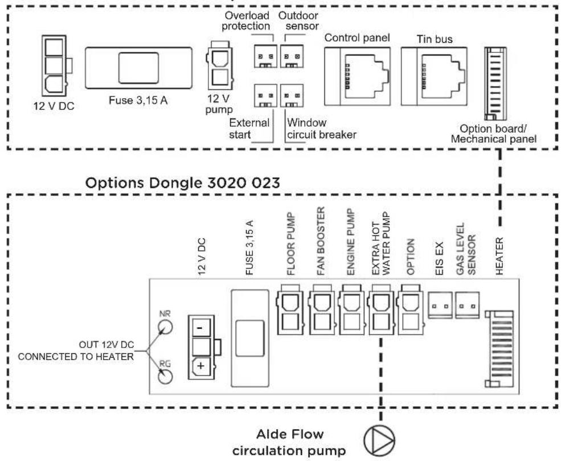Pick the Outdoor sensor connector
click(x=292, y=60)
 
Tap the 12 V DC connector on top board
click(x=55, y=66)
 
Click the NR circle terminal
click(x=165, y=327)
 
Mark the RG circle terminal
click(x=165, y=377)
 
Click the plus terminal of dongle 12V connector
click(x=202, y=365)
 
